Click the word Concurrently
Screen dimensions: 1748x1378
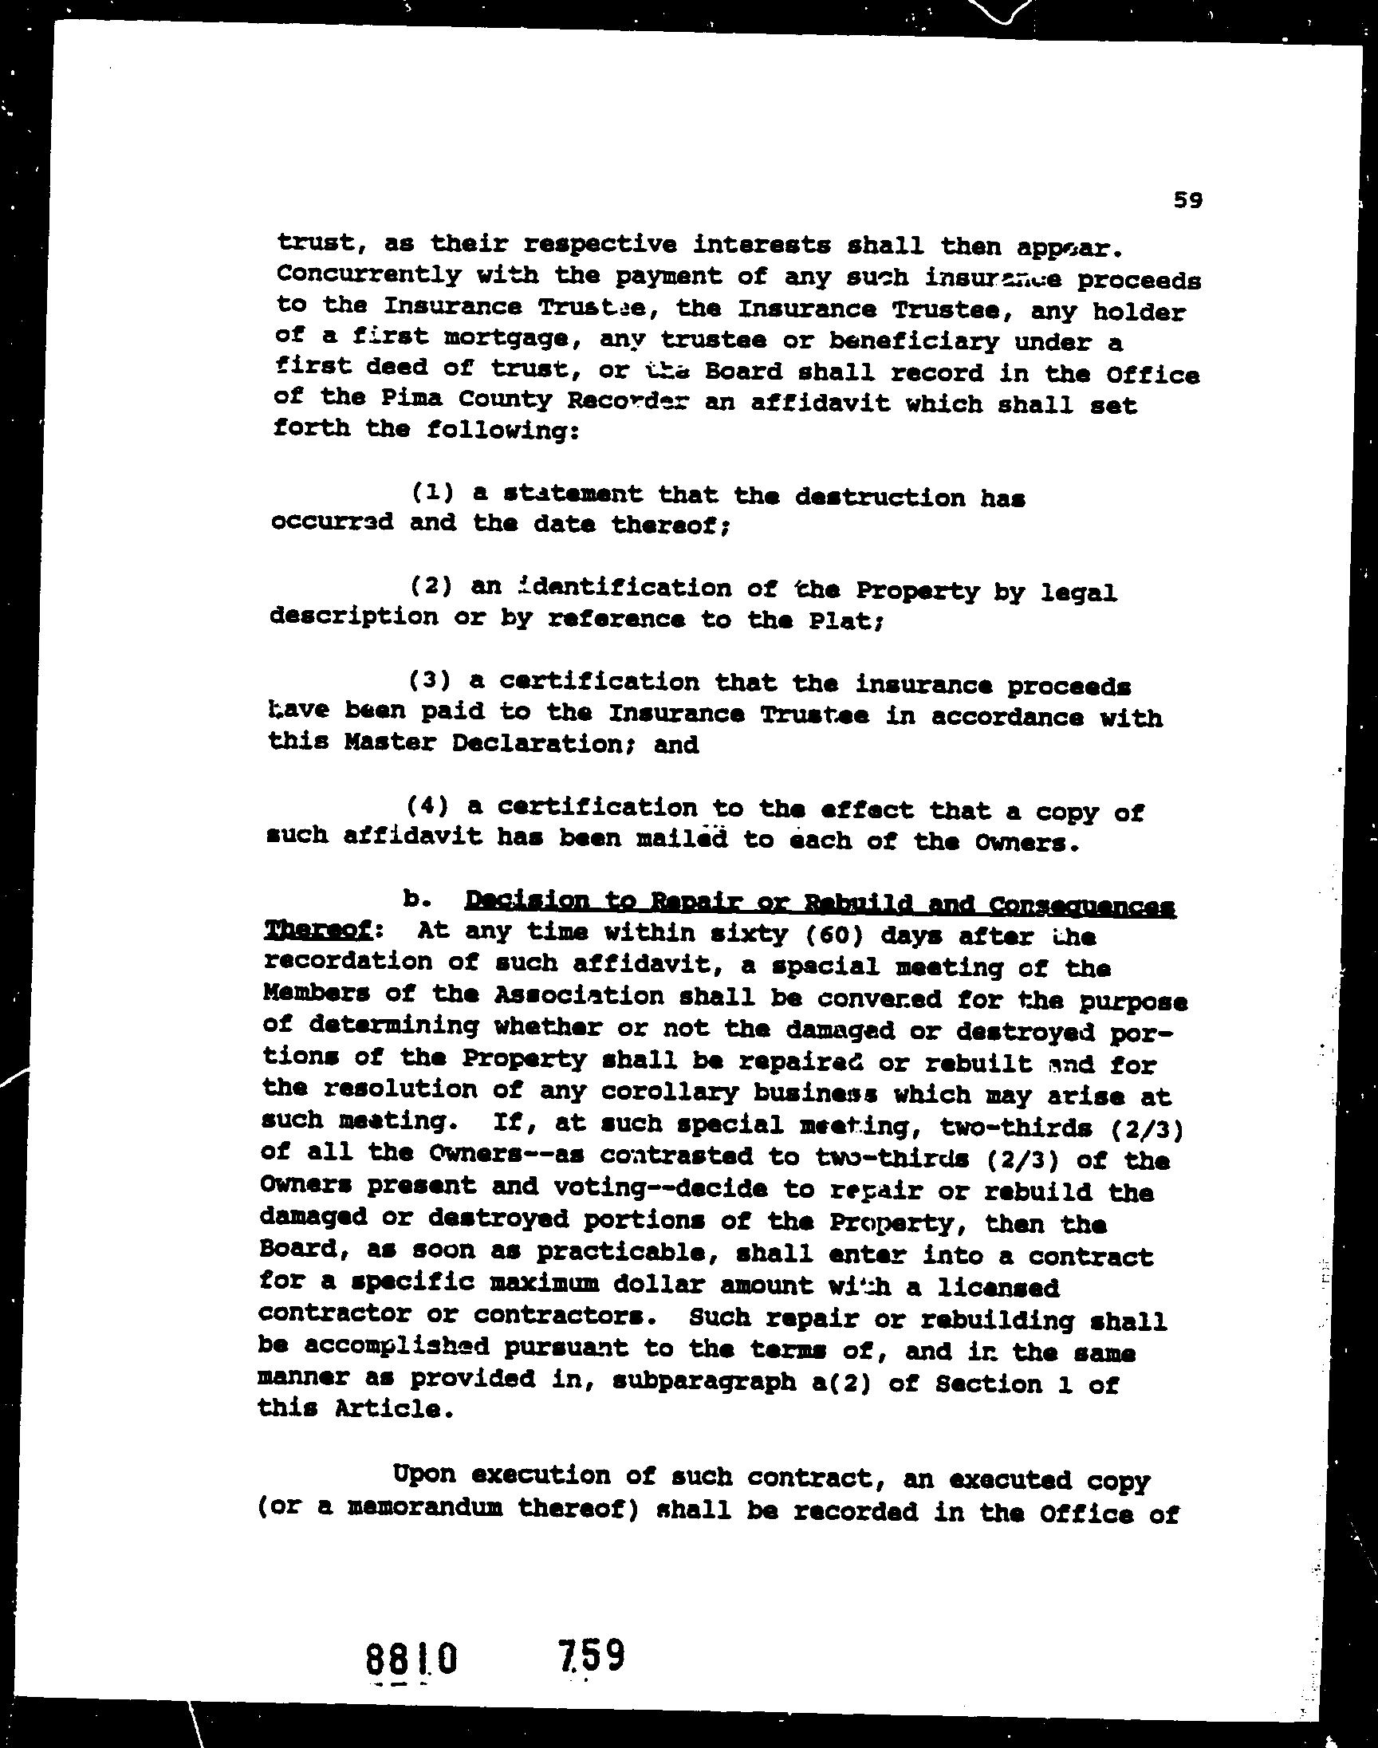pos(368,274)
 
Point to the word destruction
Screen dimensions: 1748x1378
pos(880,497)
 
